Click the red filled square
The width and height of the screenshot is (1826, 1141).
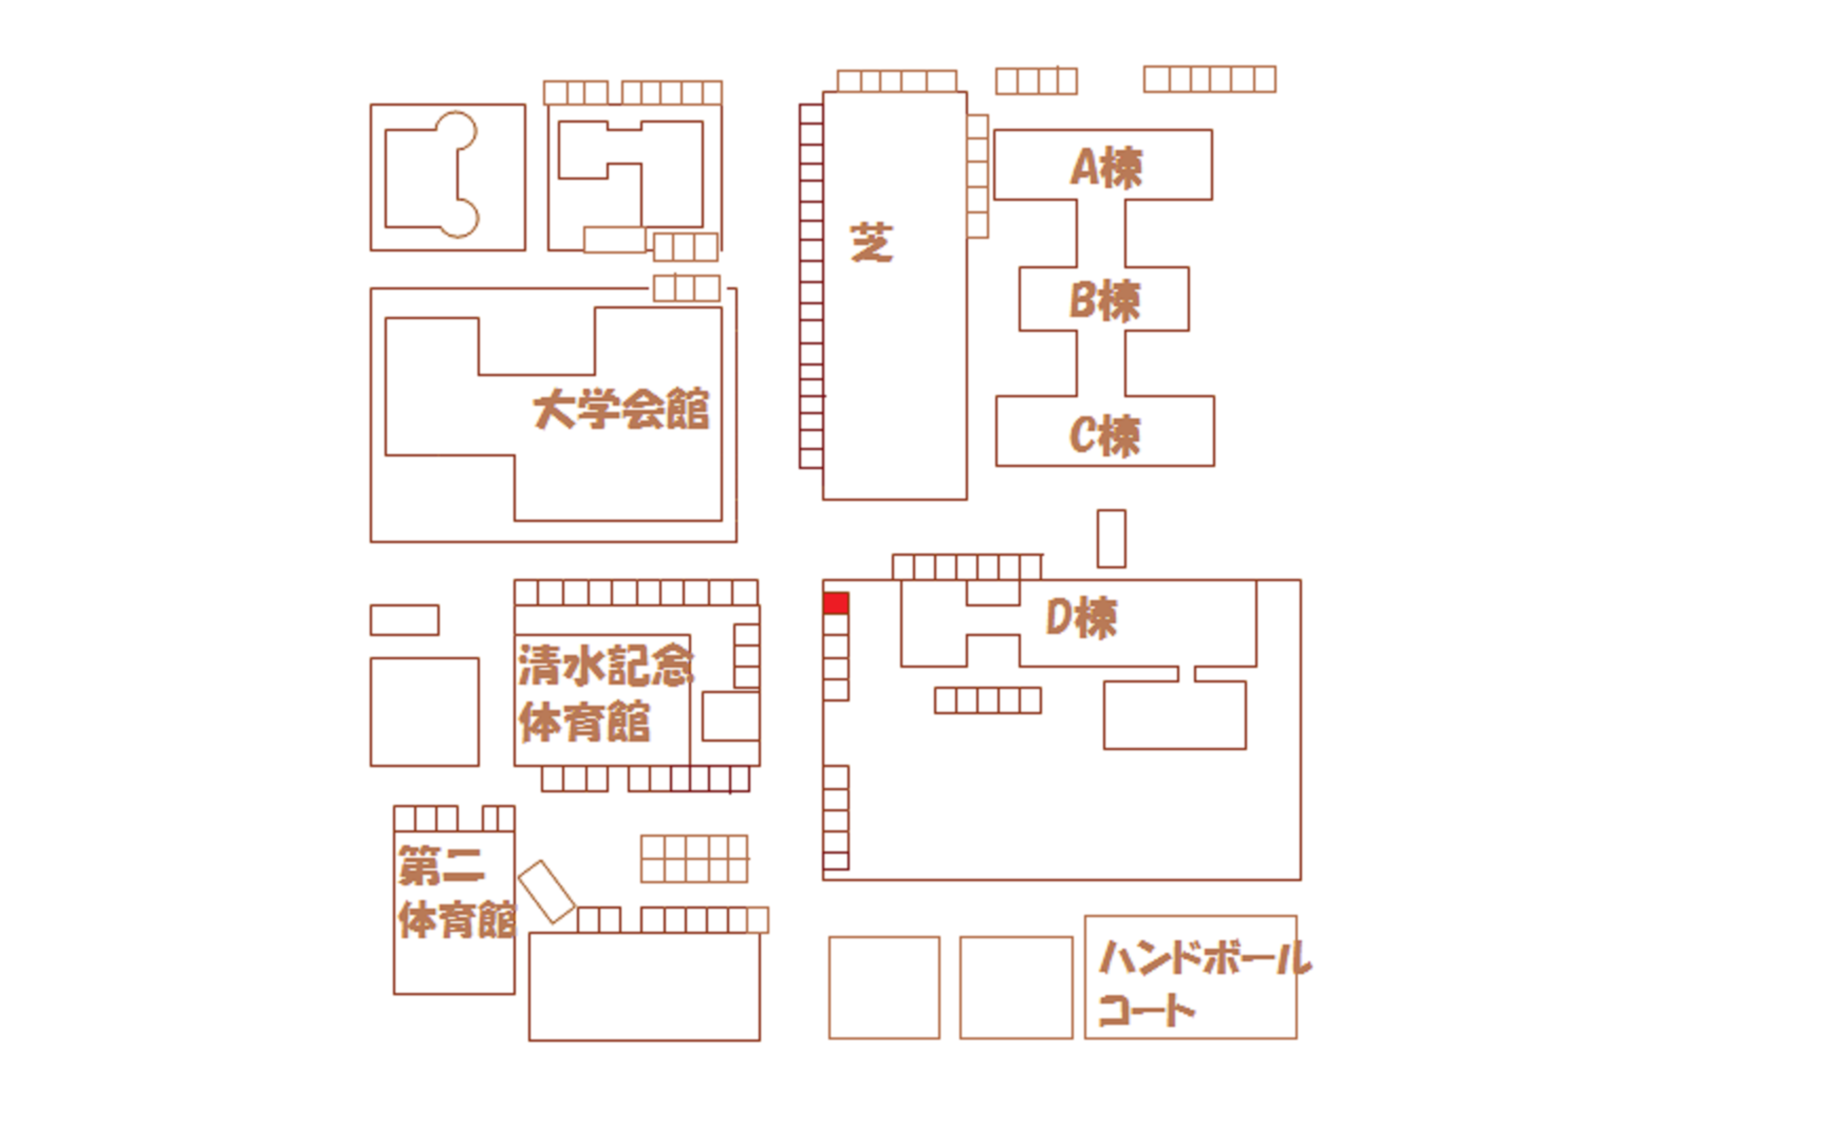pyautogui.click(x=836, y=603)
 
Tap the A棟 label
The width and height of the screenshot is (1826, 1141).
pyautogui.click(x=1105, y=167)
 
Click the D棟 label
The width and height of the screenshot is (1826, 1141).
pyautogui.click(x=1081, y=618)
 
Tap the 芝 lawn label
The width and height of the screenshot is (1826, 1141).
pyautogui.click(x=871, y=242)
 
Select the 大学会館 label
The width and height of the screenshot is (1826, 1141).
pyautogui.click(x=621, y=410)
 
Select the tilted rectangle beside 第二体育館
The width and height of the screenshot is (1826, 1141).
pyautogui.click(x=546, y=892)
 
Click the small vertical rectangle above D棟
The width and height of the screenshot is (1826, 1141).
pyautogui.click(x=1112, y=538)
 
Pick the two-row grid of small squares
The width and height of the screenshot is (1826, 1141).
pyautogui.click(x=694, y=859)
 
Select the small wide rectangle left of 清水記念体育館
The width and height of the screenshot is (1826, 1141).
pyautogui.click(x=404, y=620)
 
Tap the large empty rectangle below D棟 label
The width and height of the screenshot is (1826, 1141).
pyautogui.click(x=1175, y=715)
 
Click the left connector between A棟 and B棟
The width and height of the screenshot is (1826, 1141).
pyautogui.click(x=1077, y=233)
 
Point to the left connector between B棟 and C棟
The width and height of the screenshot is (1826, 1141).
pyautogui.click(x=1077, y=363)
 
